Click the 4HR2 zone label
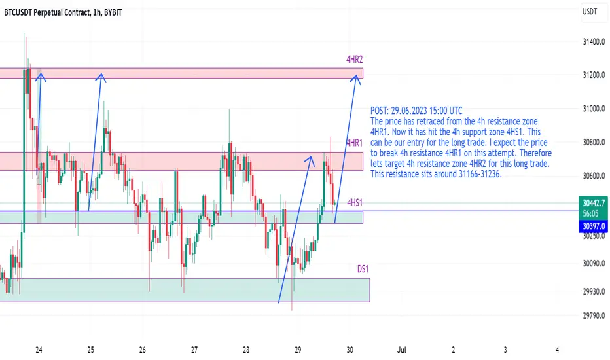click(354, 60)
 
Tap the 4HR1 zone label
click(354, 143)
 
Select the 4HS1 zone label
click(355, 202)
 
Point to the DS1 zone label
click(363, 269)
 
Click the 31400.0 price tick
click(594, 42)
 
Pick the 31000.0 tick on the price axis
click(594, 109)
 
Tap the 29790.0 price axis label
click(594, 315)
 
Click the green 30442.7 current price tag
click(593, 203)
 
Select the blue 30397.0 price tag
click(593, 226)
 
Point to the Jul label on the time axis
click(401, 350)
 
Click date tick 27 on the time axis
click(194, 350)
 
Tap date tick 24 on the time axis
click(39, 350)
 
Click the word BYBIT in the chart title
click(113, 13)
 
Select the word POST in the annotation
click(378, 111)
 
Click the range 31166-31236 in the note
click(479, 174)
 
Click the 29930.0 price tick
click(594, 291)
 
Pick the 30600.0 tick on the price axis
click(594, 176)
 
